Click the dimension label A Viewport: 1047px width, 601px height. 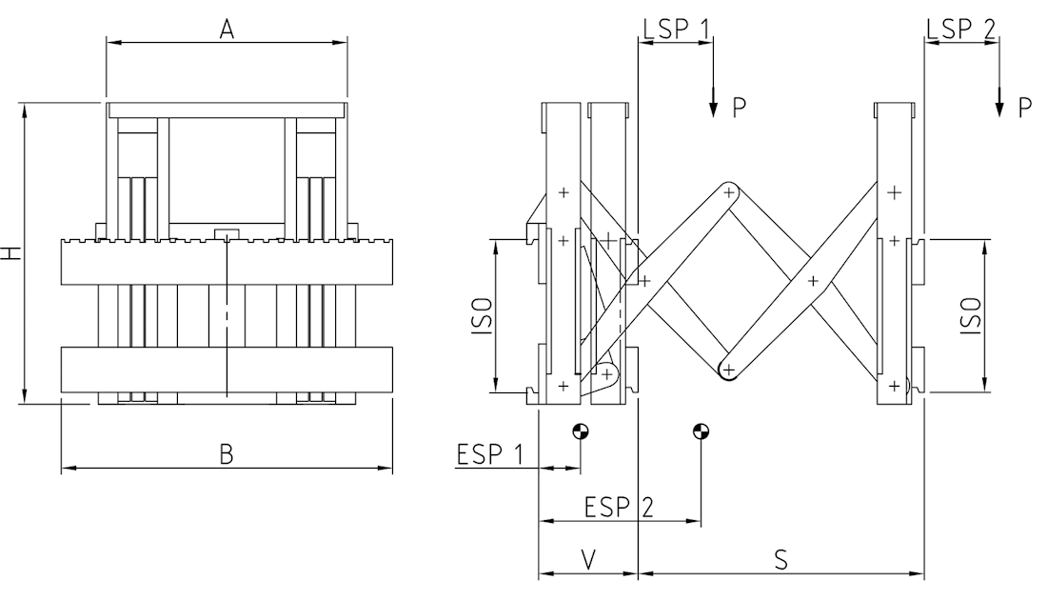[227, 29]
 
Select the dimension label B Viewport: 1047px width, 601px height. [227, 454]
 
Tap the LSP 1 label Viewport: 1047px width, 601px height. [676, 27]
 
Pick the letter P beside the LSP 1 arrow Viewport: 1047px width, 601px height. [740, 107]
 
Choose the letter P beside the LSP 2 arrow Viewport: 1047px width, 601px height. [1025, 107]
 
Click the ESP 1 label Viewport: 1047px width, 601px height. [490, 454]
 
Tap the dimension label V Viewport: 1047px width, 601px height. [588, 560]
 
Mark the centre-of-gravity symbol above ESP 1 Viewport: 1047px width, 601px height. [580, 431]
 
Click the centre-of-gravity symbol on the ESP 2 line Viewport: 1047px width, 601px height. [701, 431]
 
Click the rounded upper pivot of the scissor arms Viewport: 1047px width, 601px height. [730, 192]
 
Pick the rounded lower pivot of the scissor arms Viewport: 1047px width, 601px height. [728, 369]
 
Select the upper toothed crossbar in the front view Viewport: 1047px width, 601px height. [227, 261]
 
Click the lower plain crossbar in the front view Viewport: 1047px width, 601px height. [227, 370]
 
